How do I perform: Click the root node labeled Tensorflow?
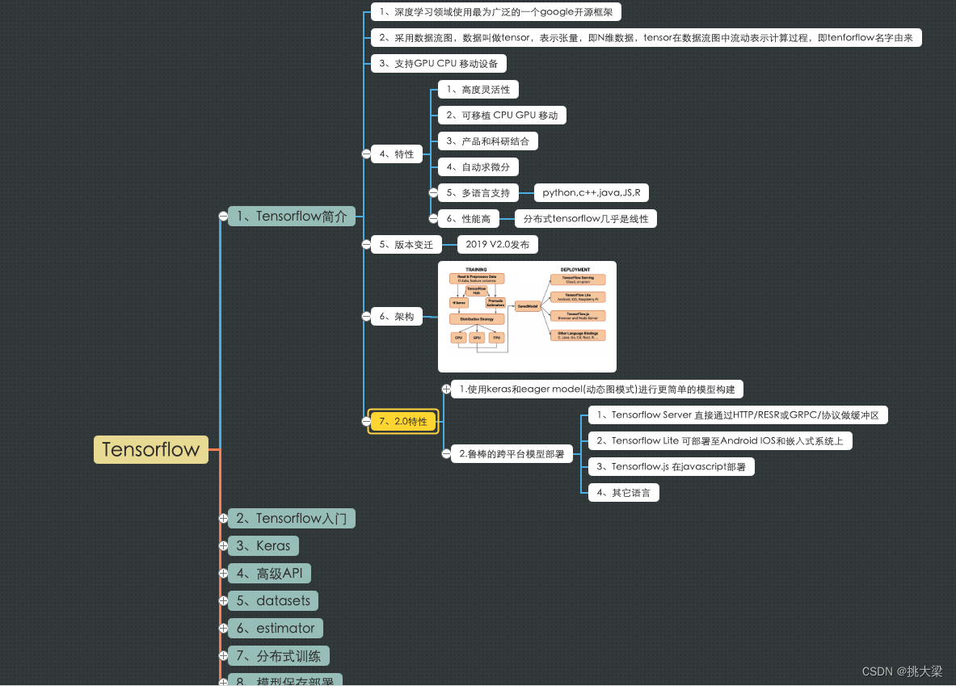click(x=150, y=450)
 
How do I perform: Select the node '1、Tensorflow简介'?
click(x=292, y=216)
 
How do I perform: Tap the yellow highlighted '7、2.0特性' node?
click(x=403, y=421)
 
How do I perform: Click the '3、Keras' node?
click(x=263, y=545)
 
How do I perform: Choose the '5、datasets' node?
click(x=273, y=600)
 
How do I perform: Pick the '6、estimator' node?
click(x=276, y=628)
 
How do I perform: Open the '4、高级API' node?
click(x=269, y=573)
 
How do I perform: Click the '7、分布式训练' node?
click(x=279, y=655)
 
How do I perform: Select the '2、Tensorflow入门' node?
click(x=292, y=518)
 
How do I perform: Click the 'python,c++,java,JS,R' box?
click(x=591, y=192)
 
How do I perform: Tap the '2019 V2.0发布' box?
click(x=497, y=244)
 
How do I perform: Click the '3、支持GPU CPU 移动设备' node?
click(x=439, y=63)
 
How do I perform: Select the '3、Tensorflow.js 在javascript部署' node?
click(x=671, y=466)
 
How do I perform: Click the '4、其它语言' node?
click(x=623, y=492)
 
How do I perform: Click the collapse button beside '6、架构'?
click(x=366, y=317)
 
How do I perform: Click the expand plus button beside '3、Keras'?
click(x=223, y=545)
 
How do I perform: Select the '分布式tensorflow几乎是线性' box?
click(x=586, y=218)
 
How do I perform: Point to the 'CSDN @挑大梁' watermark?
click(x=902, y=671)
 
